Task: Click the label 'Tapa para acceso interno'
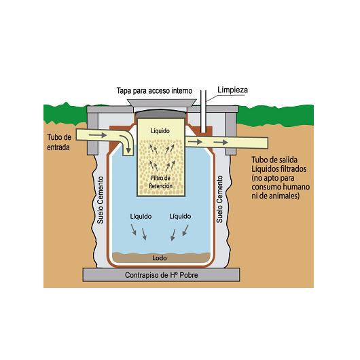tap(154, 91)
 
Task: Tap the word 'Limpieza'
tap(232, 90)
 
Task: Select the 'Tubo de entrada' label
tap(59, 143)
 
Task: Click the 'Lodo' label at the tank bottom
tap(160, 258)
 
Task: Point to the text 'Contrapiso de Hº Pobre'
tap(162, 275)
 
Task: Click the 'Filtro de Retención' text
tap(161, 182)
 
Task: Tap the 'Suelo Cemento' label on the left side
tap(101, 200)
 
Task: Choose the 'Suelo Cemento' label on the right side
tap(219, 199)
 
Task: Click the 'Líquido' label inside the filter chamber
tap(160, 131)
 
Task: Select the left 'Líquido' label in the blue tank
tap(141, 216)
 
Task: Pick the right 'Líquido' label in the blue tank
tap(180, 216)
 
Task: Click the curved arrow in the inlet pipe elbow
tap(127, 143)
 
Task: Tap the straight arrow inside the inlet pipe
tap(98, 135)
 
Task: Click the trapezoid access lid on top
tap(162, 103)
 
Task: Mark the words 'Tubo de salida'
tap(274, 160)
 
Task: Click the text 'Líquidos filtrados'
tap(279, 169)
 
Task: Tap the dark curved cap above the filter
tap(162, 113)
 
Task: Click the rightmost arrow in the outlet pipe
tap(221, 143)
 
